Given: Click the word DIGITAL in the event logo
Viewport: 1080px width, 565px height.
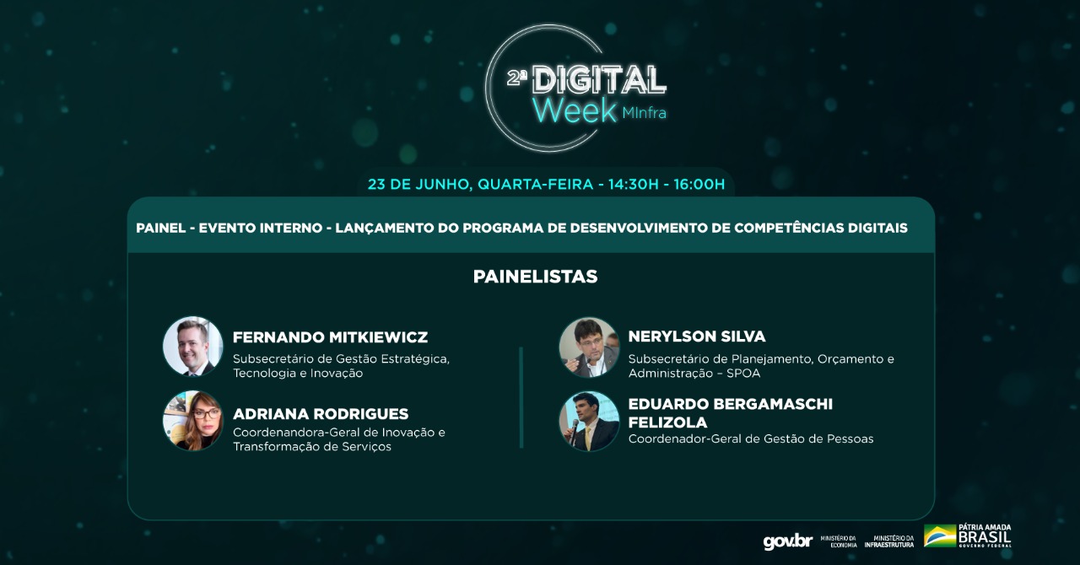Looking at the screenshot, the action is (x=599, y=80).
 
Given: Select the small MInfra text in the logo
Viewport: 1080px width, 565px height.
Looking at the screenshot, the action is (x=644, y=113).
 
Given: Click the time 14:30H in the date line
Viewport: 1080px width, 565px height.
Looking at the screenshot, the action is (x=633, y=185).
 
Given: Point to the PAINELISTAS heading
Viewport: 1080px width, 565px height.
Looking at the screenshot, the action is (x=535, y=277).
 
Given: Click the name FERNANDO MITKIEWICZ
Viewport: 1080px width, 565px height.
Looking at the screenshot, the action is (x=330, y=337).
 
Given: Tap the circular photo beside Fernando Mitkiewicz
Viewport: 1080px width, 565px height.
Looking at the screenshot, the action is (x=193, y=346).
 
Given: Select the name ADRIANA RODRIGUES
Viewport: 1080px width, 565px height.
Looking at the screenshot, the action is (x=321, y=413).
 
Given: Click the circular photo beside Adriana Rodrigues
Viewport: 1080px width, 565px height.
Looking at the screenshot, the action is (x=193, y=420).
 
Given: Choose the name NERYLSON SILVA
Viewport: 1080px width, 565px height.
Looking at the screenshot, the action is (x=697, y=336).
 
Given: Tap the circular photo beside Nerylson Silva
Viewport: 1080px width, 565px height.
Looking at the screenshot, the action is (x=589, y=347).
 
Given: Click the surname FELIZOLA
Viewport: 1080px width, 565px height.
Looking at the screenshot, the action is (x=667, y=422).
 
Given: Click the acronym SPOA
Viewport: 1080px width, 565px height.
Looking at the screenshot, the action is (x=743, y=373).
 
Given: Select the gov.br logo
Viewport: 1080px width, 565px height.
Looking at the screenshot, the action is (x=788, y=542).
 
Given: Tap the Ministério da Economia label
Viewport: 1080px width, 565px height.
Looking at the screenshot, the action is (x=839, y=541).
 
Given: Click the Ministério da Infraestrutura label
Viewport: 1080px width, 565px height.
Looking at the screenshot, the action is (x=889, y=541).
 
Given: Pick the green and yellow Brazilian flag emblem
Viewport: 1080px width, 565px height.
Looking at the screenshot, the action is (x=940, y=535).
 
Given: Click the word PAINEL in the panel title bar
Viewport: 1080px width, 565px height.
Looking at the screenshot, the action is (x=161, y=228).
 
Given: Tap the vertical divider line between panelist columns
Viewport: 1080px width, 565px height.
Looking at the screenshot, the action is (x=521, y=397).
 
